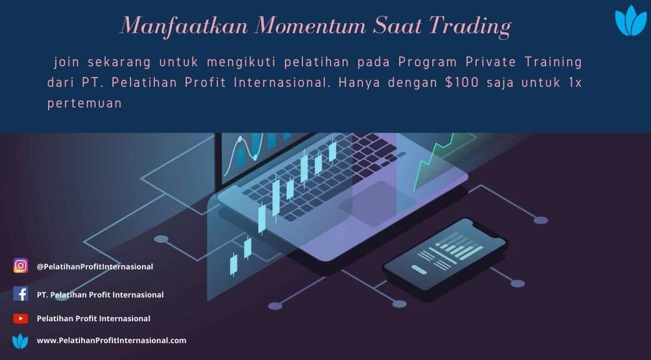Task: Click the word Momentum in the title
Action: point(310,26)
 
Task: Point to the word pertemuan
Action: point(84,103)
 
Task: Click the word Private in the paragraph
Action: point(490,62)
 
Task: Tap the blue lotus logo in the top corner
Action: point(630,21)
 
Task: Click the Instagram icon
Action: point(21,266)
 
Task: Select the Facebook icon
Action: point(21,294)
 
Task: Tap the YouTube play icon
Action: point(21,319)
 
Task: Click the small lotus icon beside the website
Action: point(21,341)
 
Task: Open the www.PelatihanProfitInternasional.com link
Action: point(112,341)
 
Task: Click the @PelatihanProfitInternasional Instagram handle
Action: point(95,267)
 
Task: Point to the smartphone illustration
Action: point(445,254)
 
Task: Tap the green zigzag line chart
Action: point(434,162)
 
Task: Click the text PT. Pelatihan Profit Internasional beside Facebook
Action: point(100,295)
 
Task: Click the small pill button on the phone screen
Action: point(419,269)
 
